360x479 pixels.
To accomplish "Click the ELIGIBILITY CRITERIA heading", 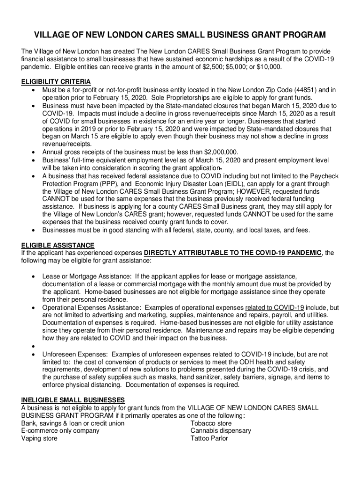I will pyautogui.click(x=56, y=82).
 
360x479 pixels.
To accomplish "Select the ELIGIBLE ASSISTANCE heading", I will pyautogui.click(x=58, y=246).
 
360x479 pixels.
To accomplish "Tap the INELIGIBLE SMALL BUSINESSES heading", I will pyautogui.click(x=73, y=400).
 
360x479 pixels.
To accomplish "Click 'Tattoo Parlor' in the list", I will pyautogui.click(x=209, y=438).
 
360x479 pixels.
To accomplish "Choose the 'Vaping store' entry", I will pyautogui.click(x=40, y=438).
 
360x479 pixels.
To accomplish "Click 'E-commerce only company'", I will pyautogui.click(x=60, y=431).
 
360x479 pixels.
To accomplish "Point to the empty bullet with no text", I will pyautogui.click(x=34, y=347).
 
